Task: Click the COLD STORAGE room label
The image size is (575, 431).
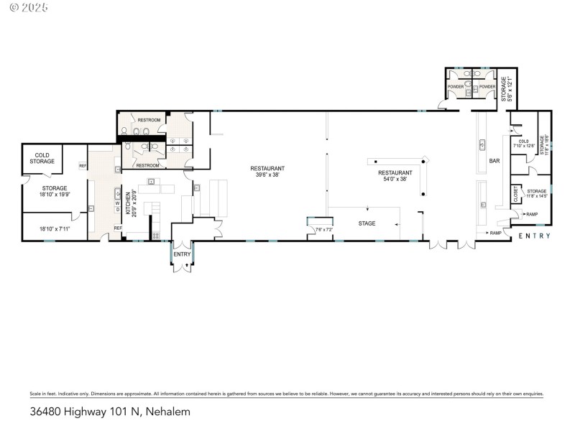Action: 42,158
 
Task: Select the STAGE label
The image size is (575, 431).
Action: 367,223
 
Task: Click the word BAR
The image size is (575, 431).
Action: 494,161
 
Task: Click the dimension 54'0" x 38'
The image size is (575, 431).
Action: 395,179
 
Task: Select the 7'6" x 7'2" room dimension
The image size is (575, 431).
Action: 324,230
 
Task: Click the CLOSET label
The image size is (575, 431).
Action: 515,193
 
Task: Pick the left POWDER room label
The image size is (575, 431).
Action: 456,86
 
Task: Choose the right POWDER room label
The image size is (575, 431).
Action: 487,86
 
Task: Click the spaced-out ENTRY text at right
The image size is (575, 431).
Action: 534,236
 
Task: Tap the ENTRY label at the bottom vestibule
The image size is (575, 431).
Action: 182,254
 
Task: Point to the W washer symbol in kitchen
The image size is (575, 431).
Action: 117,203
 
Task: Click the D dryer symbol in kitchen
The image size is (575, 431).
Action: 117,210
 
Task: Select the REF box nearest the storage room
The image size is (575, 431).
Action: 83,166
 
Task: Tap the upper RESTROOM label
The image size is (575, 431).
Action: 148,119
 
